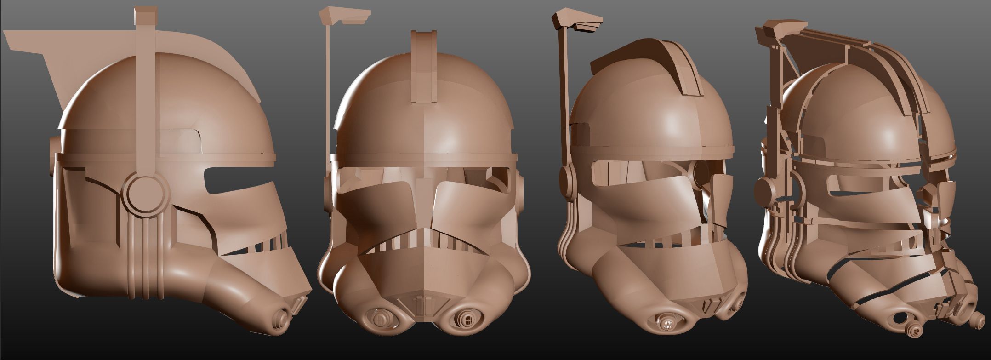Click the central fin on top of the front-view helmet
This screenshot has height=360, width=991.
point(423,67)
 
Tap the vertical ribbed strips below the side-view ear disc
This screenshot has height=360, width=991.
point(146,257)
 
